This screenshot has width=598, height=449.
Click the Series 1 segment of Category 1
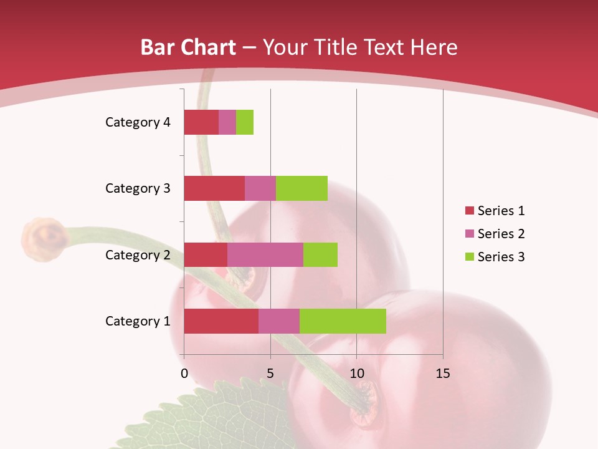(x=221, y=321)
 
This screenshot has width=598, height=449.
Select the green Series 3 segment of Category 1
(x=343, y=321)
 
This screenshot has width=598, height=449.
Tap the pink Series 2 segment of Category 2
(x=265, y=254)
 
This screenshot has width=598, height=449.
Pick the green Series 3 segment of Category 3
(x=301, y=188)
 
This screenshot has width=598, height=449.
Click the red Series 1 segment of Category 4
(x=201, y=122)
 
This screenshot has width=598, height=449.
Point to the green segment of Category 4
(x=245, y=122)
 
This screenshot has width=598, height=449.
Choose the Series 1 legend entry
(x=495, y=211)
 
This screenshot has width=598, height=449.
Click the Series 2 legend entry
(x=495, y=234)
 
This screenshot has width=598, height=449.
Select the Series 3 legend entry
(x=495, y=257)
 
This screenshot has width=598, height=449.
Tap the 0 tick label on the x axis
(x=184, y=374)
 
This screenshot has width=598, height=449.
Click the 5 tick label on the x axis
(x=270, y=374)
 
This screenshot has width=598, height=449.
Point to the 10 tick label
(x=356, y=374)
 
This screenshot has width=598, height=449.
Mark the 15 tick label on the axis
(x=443, y=374)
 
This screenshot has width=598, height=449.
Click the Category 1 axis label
(x=138, y=321)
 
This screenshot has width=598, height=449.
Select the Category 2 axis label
(x=138, y=254)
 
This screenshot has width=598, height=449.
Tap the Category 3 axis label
(x=138, y=188)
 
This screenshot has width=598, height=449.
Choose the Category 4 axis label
(x=138, y=122)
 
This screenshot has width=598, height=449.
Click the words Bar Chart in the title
(x=188, y=47)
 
